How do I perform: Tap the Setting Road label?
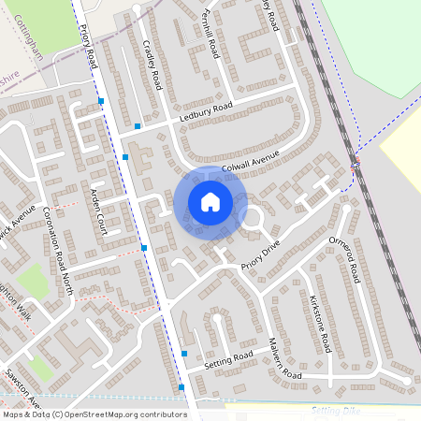[x=230, y=357]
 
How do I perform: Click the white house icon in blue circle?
[x=210, y=201]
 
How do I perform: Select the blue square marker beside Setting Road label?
[x=184, y=354]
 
